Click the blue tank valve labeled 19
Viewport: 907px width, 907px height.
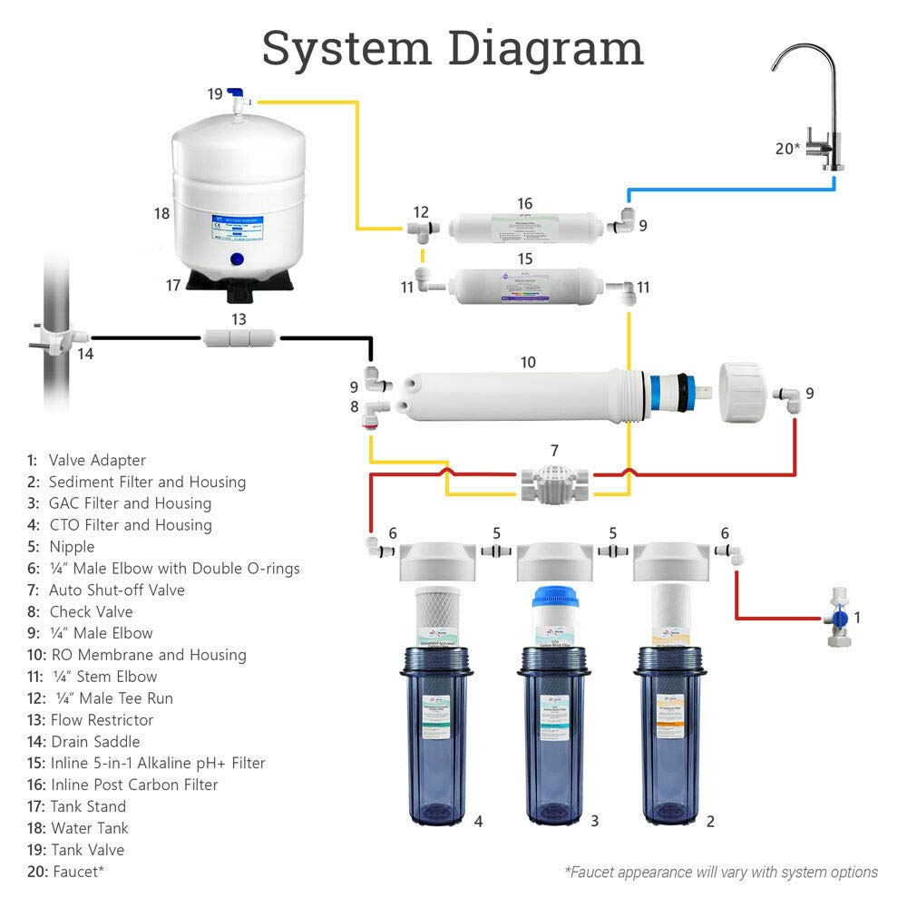point(238,94)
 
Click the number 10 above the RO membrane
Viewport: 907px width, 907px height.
point(527,362)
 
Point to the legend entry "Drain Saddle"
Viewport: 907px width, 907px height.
point(94,741)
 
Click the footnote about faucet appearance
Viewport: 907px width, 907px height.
point(721,872)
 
